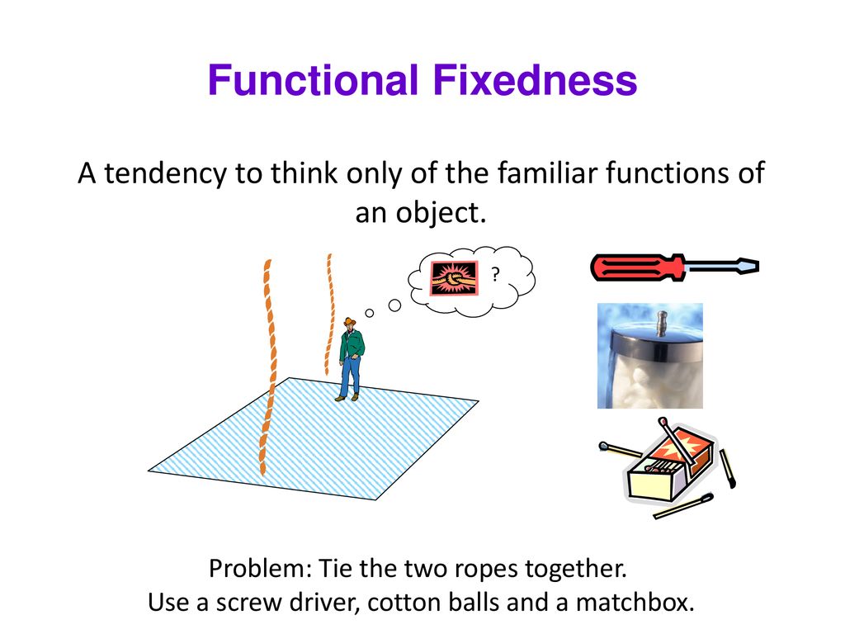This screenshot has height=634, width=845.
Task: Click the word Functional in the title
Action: pos(313,80)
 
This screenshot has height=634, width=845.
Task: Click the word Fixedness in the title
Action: pos(535,80)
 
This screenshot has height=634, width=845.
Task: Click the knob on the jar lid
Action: pos(662,323)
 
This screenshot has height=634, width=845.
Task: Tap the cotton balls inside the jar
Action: pos(649,383)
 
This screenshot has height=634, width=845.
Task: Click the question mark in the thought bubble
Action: pos(495,274)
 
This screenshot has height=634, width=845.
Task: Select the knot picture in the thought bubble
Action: pos(454,278)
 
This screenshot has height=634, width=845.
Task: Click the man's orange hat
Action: pos(350,322)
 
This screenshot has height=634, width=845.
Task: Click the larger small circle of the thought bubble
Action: pos(394,305)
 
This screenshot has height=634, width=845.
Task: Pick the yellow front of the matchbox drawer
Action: pos(650,485)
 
